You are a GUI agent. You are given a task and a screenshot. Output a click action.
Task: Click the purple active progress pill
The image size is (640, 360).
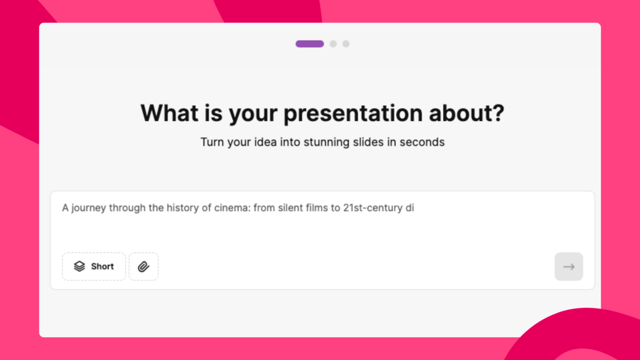[x=310, y=44]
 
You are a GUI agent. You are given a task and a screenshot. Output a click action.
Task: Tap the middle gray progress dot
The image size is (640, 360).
[x=333, y=44]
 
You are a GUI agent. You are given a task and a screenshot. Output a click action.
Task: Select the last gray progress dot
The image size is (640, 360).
[x=346, y=44]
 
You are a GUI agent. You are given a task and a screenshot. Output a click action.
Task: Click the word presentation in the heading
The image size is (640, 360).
[x=353, y=113]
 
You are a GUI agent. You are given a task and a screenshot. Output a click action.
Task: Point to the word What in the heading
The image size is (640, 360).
[x=169, y=113]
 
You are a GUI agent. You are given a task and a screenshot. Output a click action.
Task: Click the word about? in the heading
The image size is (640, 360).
[x=466, y=113]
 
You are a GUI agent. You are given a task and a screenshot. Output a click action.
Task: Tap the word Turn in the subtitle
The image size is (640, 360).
[x=212, y=142]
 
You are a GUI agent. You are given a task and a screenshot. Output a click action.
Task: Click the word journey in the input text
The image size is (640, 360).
[x=88, y=208]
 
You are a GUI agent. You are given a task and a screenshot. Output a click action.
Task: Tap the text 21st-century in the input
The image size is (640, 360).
[x=373, y=208]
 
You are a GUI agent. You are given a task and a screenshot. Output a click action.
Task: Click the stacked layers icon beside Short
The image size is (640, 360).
[x=80, y=266]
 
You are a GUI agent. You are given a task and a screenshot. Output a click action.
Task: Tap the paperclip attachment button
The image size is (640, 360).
[x=144, y=266]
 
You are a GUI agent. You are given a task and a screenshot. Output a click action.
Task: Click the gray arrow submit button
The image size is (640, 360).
[x=568, y=266]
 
